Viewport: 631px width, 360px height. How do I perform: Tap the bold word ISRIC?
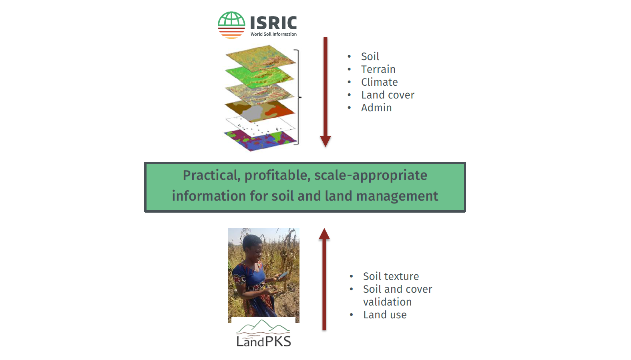coord(273,23)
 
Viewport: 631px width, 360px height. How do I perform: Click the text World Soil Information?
coord(273,34)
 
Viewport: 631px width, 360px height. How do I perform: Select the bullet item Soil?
coord(370,56)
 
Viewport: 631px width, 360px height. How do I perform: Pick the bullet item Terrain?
coord(378,69)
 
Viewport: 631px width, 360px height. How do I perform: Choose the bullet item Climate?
coord(379,82)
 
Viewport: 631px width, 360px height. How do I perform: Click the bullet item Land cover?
coord(388,95)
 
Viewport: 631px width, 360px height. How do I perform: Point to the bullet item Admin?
coord(376,108)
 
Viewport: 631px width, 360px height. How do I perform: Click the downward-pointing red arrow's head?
coord(326,141)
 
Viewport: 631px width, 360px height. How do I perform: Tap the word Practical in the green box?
coord(211,175)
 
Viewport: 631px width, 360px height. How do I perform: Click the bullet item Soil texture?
coord(391,276)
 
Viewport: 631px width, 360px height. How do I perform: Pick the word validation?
coord(387,302)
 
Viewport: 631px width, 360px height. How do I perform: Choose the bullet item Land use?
coord(385,315)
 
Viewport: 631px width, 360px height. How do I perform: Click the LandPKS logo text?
coord(263,341)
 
